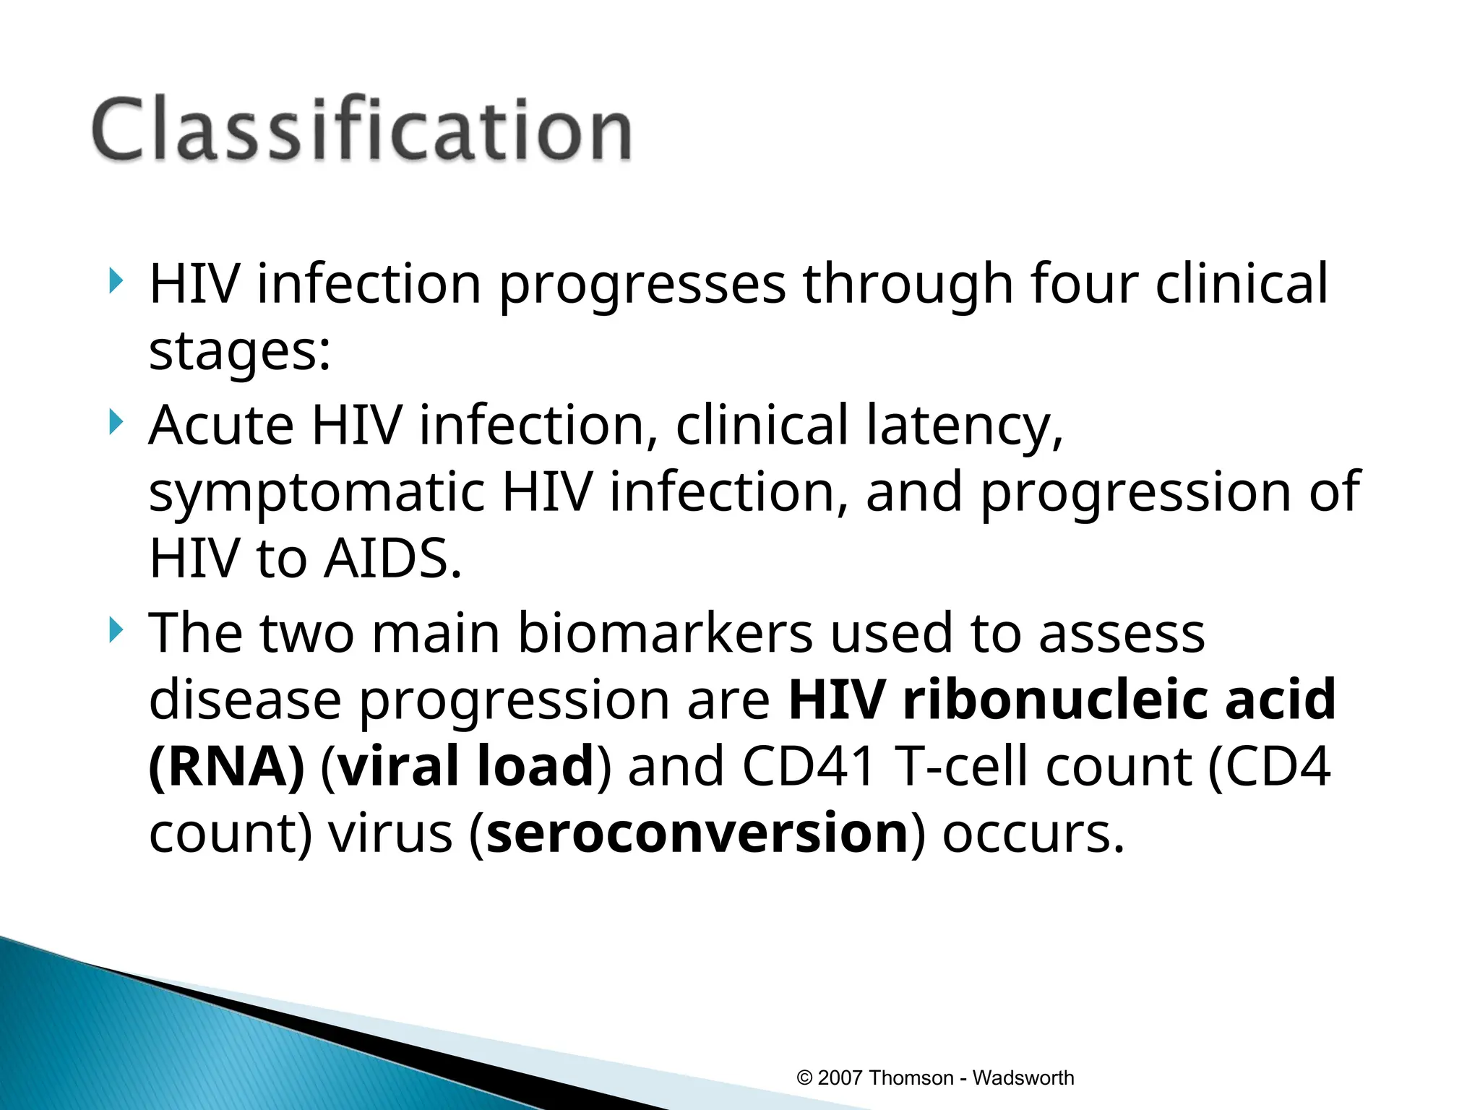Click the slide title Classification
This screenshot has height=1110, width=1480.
click(x=361, y=130)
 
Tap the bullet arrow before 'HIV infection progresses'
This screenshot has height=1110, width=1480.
click(x=116, y=281)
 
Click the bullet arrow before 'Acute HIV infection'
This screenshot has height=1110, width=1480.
click(x=116, y=422)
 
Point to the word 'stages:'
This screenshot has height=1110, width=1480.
click(x=239, y=352)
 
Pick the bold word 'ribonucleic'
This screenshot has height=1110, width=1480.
click(x=1054, y=700)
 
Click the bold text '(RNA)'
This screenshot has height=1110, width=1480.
click(x=226, y=767)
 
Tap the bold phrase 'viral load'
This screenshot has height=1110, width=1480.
click(x=466, y=766)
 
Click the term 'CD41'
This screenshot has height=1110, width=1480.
click(x=809, y=766)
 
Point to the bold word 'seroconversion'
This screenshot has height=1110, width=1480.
click(x=697, y=833)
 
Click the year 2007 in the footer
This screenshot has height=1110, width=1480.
click(x=840, y=1078)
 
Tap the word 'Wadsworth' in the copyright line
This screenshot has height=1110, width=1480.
click(x=1023, y=1078)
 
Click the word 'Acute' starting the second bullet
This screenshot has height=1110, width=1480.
click(x=221, y=425)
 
